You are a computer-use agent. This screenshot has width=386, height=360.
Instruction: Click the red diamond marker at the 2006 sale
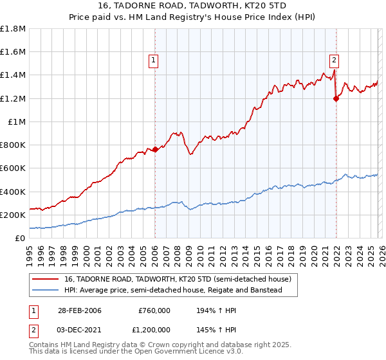coord(155,150)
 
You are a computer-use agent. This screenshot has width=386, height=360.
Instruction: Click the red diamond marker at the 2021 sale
coord(335,98)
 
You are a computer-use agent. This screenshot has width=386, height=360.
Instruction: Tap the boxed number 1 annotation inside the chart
coord(154,61)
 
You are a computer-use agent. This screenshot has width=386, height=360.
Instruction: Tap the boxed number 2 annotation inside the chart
coord(335,61)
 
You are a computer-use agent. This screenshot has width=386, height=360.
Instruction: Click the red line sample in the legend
coord(46,280)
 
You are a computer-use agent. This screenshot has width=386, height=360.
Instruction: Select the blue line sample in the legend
coord(46,291)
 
